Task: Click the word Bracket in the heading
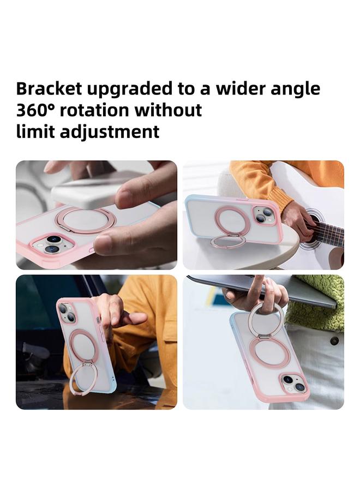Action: [49, 89]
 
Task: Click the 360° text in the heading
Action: [35, 110]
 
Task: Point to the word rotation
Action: [95, 110]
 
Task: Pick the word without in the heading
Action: [169, 110]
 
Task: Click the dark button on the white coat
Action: [334, 340]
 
